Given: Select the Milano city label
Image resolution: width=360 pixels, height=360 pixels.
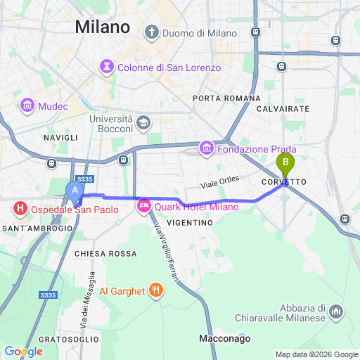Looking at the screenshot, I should click(102, 27).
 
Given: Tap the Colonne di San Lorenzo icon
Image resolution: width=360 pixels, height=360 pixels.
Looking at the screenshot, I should click(107, 67).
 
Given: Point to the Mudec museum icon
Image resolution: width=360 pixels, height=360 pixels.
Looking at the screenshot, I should click(28, 106).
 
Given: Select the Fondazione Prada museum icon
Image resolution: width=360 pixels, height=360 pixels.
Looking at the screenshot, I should click(207, 149).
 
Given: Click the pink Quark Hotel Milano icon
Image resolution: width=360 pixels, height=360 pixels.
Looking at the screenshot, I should click(144, 206).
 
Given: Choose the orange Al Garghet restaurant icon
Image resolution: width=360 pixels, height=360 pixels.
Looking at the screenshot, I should click(156, 290).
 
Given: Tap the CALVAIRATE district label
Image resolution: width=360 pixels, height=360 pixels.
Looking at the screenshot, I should click(283, 109).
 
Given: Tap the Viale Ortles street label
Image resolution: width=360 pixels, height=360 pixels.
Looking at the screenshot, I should click(219, 181).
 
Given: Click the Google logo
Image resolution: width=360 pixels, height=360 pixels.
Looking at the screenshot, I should click(23, 351).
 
